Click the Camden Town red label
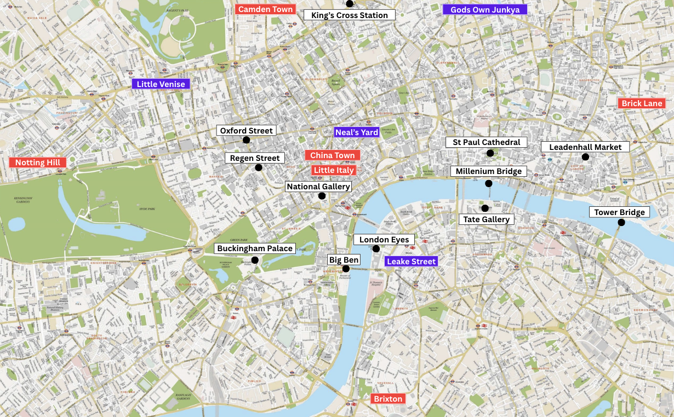coord(265,9)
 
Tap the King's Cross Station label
coord(350,15)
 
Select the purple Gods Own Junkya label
coord(485,10)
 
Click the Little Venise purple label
coord(161,84)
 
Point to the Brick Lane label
coord(642,103)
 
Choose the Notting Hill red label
coord(38,163)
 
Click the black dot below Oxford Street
coord(246,140)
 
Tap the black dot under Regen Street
coord(259,167)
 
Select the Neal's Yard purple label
coord(357,132)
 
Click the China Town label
coord(333,155)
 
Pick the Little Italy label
coord(334,170)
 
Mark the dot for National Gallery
coord(322,196)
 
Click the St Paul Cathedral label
coord(487,142)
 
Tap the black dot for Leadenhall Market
coord(585,157)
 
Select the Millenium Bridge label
coord(489,171)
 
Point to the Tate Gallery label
coord(487,219)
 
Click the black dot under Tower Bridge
coord(621,222)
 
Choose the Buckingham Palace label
coord(255,248)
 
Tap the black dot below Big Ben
coord(346,269)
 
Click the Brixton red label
coord(389,398)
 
